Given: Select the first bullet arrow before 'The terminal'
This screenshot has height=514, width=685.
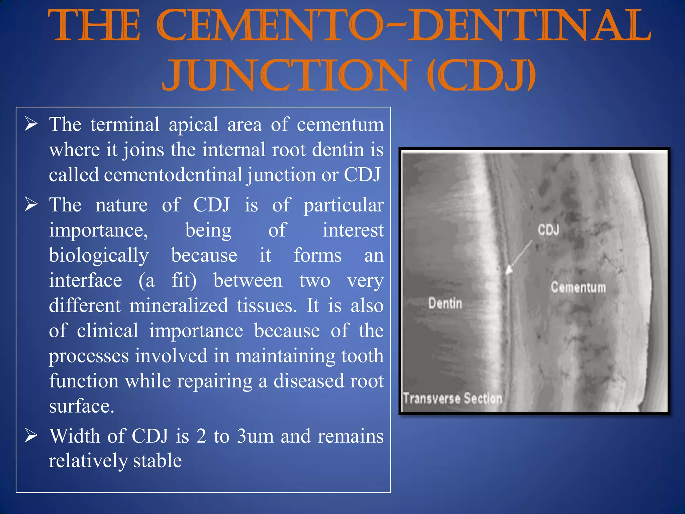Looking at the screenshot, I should (x=31, y=124).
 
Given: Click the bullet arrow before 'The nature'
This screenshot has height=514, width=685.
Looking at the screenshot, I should (x=31, y=204).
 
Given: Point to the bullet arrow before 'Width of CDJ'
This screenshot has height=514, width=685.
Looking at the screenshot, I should (x=31, y=436).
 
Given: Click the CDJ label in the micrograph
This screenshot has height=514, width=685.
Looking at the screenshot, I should (x=548, y=230).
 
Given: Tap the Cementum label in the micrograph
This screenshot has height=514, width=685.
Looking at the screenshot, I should (x=578, y=287).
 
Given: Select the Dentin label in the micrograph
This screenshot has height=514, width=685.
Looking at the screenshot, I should (x=445, y=304).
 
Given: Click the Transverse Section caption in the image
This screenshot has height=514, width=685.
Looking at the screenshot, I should (x=453, y=398).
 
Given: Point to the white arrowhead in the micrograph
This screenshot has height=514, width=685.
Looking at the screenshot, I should (x=509, y=269).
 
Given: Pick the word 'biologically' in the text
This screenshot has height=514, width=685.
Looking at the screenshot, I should (x=99, y=255).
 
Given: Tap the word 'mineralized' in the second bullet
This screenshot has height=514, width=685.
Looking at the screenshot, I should (x=179, y=306).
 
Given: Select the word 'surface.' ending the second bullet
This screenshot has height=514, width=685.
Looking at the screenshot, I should (x=82, y=406).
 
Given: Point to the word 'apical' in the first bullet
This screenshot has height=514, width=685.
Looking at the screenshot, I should (x=193, y=124).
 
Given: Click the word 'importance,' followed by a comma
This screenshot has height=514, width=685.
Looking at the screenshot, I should (x=99, y=230).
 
